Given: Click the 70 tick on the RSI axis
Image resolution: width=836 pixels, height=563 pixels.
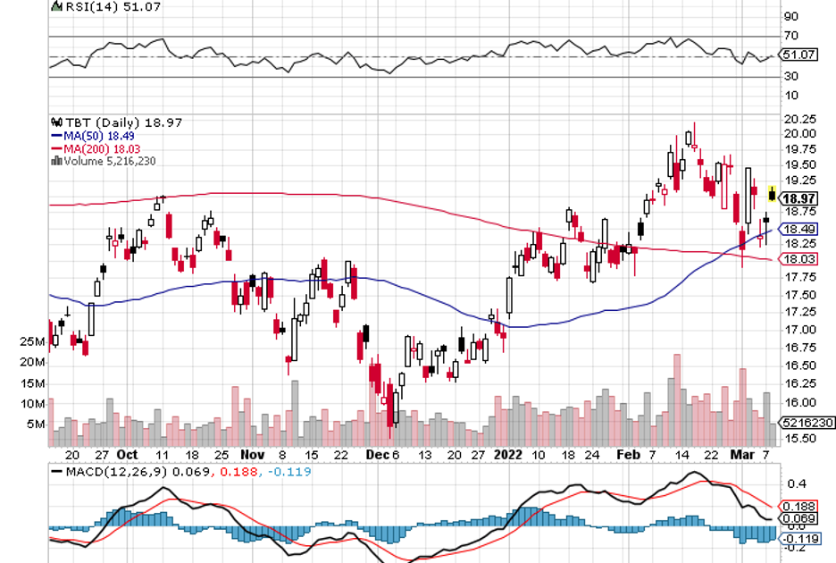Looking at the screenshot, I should (x=790, y=37).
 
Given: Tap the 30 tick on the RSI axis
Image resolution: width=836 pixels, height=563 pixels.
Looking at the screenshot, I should (x=790, y=77).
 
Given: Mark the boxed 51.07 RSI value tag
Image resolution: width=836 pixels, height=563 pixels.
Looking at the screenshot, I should (x=798, y=55).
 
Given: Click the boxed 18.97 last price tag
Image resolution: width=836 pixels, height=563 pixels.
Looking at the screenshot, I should (x=798, y=198).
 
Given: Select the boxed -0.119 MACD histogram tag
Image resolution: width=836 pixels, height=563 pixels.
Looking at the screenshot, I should (x=799, y=539).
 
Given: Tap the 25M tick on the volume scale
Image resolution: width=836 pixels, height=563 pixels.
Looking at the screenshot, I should (x=34, y=342).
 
